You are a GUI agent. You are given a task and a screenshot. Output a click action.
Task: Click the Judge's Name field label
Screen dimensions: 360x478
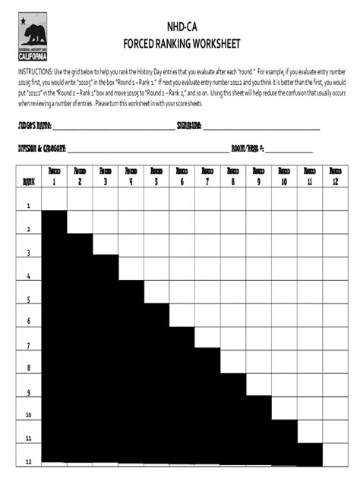coord(31,125)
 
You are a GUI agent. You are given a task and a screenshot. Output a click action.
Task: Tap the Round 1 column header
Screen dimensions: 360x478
coord(54,177)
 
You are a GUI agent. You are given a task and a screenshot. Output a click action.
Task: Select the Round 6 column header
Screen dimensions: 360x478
coord(182,177)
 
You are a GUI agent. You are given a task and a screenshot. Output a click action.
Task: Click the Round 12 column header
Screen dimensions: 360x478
coord(335,177)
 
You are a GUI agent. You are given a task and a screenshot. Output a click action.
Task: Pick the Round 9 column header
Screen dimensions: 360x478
coord(258,177)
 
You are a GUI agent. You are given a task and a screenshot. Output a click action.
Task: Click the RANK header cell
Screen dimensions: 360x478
coord(29,181)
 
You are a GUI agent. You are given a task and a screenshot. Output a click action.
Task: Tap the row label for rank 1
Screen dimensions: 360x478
coord(29,206)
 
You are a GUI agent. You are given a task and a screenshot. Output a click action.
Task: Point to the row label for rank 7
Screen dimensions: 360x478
coord(29,346)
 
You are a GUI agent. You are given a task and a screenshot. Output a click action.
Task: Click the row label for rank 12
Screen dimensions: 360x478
coord(29,461)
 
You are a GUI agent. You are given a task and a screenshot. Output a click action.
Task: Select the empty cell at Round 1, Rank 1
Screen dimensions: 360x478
coord(54,200)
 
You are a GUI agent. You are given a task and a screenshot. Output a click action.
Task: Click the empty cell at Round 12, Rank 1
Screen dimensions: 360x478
coord(335,200)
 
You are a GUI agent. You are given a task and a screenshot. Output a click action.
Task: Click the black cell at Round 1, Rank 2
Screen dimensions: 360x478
coord(54,222)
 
